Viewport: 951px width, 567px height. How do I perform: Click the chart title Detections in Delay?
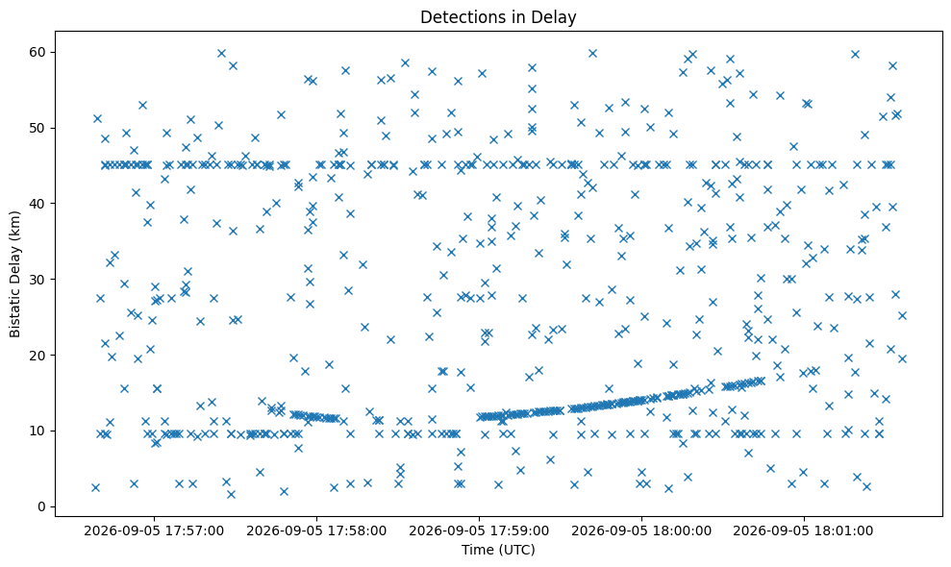498,17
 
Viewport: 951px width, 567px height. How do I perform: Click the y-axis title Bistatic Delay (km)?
15,274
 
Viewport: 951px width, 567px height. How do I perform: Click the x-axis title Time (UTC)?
498,550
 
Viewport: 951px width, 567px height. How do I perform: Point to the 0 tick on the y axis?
42,506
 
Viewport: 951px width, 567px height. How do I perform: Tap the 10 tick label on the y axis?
38,431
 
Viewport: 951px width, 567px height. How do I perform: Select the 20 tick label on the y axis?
38,355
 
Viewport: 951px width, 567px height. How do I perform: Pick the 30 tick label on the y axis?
38,279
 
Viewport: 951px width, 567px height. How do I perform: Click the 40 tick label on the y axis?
38,204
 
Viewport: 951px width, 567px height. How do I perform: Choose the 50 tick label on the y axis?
38,128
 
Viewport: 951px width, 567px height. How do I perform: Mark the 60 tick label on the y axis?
38,52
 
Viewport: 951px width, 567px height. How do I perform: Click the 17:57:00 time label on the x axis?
154,531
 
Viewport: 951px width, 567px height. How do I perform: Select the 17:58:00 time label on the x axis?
316,531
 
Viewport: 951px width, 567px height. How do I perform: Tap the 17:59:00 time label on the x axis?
479,531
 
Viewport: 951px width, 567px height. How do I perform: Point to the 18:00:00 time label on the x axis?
641,531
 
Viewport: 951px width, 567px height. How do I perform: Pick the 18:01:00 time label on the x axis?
804,531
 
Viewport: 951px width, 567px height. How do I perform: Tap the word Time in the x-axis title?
475,550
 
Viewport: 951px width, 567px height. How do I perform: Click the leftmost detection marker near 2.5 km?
95,487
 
